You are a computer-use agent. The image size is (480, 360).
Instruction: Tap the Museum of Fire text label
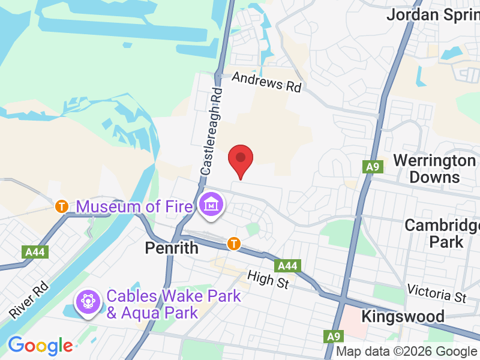click(x=134, y=206)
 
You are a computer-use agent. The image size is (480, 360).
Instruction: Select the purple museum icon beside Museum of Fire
click(x=212, y=205)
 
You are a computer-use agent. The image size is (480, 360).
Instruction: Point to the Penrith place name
click(x=172, y=247)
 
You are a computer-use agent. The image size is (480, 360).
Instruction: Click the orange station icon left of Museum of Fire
click(x=61, y=206)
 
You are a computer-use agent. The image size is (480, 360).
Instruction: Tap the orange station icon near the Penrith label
click(x=234, y=244)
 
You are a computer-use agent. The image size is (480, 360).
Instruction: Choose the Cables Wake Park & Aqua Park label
click(x=173, y=304)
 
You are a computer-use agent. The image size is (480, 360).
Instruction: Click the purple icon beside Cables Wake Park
click(x=88, y=299)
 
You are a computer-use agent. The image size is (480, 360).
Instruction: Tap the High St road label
click(x=268, y=278)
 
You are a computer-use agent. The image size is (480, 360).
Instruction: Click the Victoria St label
click(x=436, y=293)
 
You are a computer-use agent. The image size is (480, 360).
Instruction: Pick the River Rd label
click(x=28, y=300)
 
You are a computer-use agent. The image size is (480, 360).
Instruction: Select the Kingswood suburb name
click(x=403, y=316)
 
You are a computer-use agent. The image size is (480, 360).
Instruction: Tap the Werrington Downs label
click(x=434, y=169)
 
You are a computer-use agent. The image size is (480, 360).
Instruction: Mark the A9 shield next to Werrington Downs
click(x=373, y=167)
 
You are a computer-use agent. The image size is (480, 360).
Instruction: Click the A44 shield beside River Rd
click(x=34, y=253)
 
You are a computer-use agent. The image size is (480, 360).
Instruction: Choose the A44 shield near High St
click(x=287, y=265)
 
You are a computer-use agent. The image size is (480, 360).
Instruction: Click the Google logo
click(x=40, y=346)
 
